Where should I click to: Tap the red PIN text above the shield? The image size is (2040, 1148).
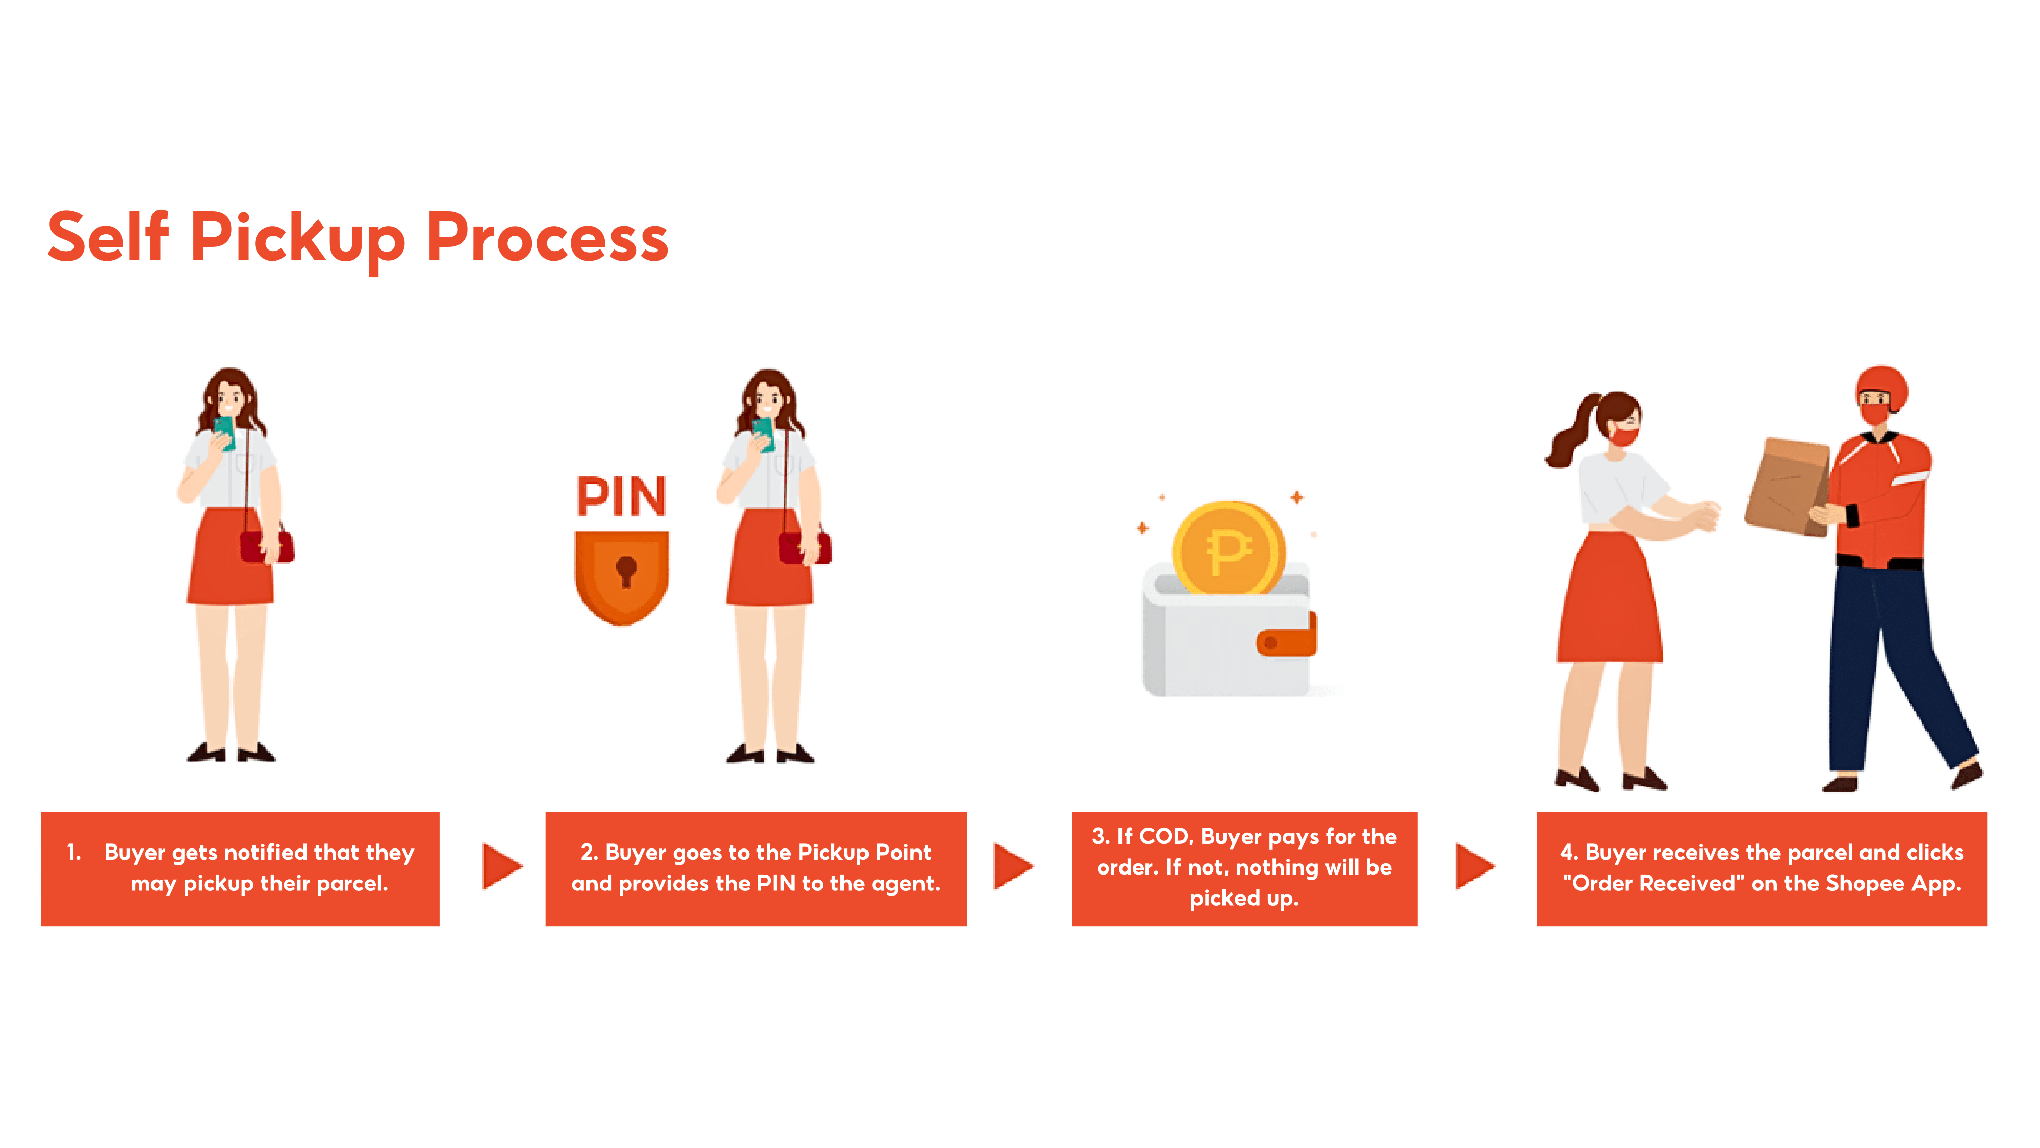click(x=622, y=496)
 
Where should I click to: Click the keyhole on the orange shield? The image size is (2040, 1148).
click(x=626, y=569)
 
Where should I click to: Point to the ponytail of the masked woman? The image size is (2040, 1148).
click(x=1572, y=432)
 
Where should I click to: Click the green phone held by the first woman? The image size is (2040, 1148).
click(x=225, y=432)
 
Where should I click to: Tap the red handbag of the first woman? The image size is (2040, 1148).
click(x=265, y=546)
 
